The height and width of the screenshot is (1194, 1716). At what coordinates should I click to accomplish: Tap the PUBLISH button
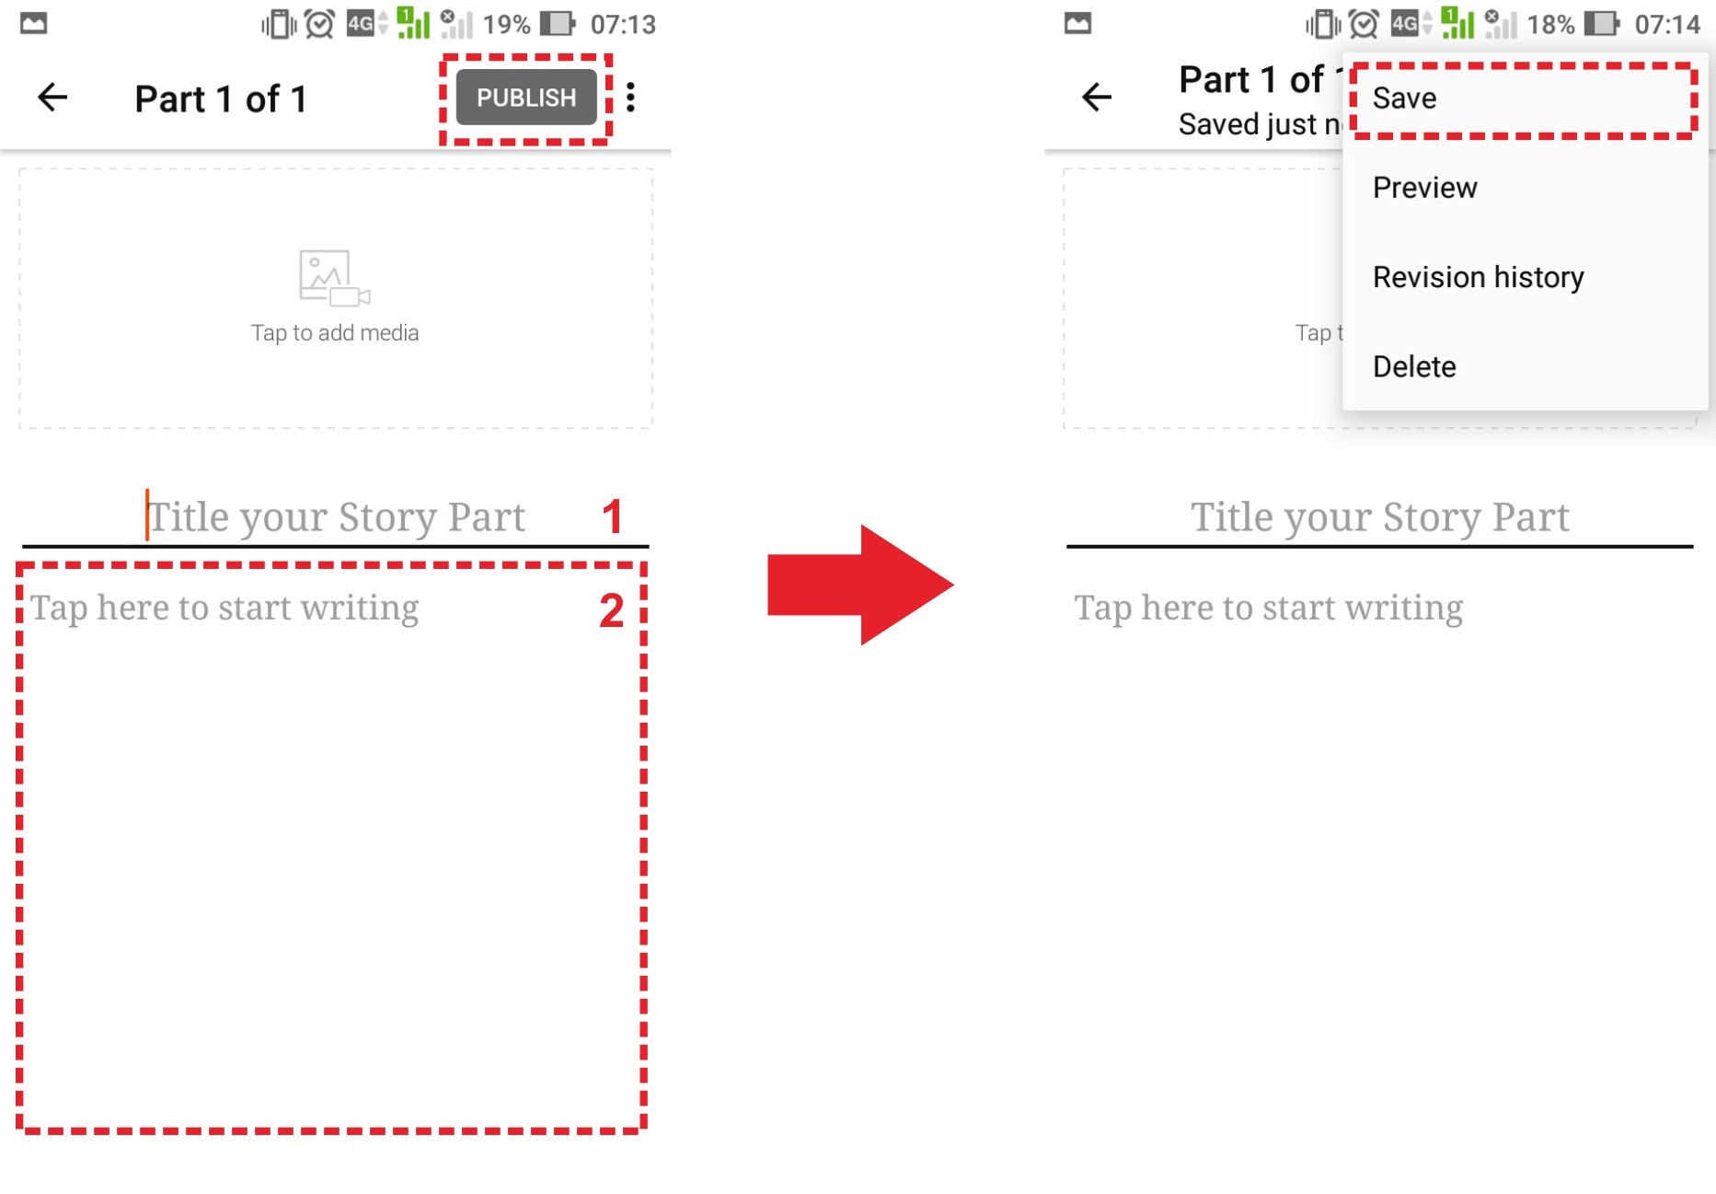pos(526,98)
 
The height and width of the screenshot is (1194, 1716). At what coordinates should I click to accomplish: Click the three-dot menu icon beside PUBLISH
pos(631,98)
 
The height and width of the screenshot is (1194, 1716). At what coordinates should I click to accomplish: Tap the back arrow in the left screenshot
pos(52,97)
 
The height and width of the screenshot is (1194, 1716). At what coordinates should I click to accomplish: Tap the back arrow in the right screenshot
pos(1097,97)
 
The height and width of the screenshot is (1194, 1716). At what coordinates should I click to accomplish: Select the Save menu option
pos(1404,99)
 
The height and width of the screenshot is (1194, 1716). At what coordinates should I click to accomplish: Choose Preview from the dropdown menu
pos(1424,188)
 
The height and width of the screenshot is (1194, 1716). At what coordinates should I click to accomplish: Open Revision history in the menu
pos(1478,277)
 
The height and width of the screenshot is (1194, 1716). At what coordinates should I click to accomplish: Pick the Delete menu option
pos(1414,366)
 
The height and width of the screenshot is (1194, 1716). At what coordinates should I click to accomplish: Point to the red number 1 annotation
pos(613,516)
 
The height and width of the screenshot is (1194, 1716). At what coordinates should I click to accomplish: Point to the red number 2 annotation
pos(612,610)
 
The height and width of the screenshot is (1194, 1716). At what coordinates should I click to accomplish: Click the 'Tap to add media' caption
pos(335,332)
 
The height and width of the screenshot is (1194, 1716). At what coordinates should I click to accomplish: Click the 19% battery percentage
pos(507,24)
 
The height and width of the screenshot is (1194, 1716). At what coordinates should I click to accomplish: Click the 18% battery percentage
pos(1551,24)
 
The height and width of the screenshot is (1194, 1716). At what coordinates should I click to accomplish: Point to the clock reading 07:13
pos(623,24)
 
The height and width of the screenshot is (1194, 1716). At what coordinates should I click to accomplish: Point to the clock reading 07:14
pos(1667,24)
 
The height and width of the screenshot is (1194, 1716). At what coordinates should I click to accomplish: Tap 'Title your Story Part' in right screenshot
pos(1380,516)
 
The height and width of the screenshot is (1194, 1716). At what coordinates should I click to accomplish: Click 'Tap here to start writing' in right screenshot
pos(1269,608)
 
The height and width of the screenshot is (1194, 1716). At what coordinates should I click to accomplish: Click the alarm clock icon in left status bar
pos(319,24)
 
